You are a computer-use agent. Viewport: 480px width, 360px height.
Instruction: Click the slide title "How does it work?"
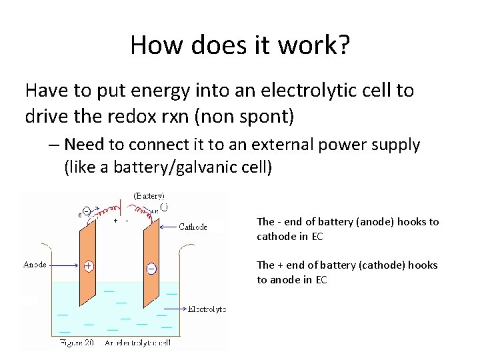click(x=239, y=45)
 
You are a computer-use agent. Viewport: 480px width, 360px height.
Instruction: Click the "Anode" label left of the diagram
click(x=35, y=265)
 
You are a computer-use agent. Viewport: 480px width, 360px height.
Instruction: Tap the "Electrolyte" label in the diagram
click(x=207, y=309)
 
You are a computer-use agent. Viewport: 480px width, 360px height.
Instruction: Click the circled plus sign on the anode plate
click(x=88, y=265)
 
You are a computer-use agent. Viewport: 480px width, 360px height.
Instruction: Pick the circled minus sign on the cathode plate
click(x=151, y=268)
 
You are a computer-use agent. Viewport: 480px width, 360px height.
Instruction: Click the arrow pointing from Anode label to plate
click(x=66, y=265)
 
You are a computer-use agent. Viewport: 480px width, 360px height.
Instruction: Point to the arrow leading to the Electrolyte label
click(x=175, y=309)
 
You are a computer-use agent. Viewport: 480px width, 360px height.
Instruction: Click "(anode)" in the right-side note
click(x=361, y=222)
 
